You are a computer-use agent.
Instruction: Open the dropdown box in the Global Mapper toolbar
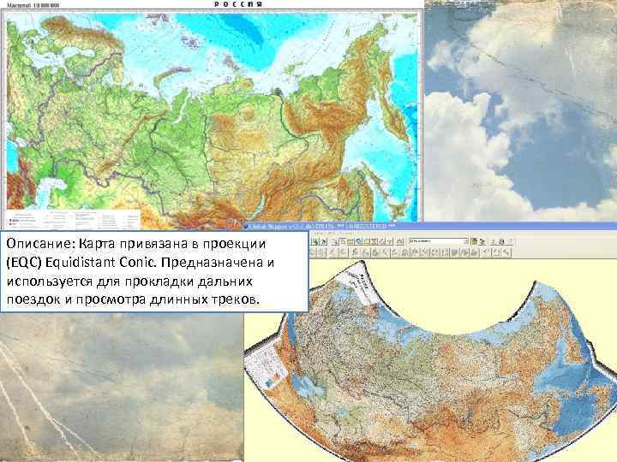click(x=437, y=242)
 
